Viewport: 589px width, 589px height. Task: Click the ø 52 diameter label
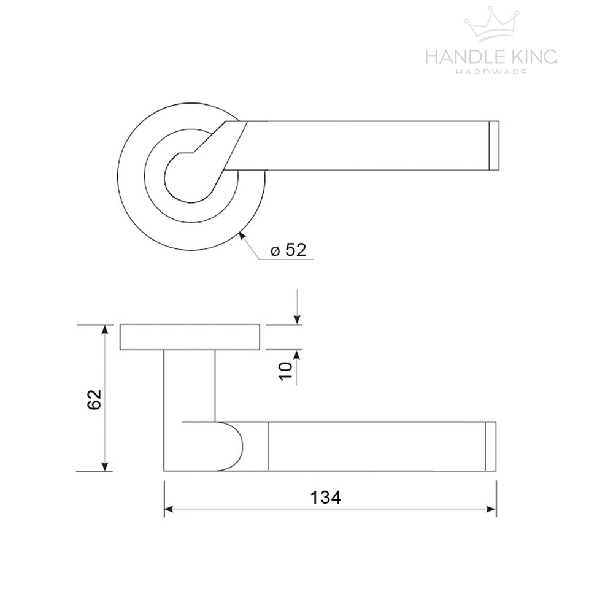click(x=288, y=250)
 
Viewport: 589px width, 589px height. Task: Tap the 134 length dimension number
click(x=325, y=498)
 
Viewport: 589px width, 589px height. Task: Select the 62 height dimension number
click(x=93, y=399)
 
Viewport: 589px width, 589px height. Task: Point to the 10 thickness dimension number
click(x=285, y=370)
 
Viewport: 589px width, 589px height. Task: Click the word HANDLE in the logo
click(x=463, y=57)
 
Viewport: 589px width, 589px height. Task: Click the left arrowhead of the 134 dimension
click(x=170, y=509)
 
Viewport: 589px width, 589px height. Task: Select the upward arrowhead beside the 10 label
click(x=297, y=355)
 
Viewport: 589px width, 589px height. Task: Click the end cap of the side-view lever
click(x=490, y=447)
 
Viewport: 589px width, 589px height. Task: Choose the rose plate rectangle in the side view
click(x=190, y=337)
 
